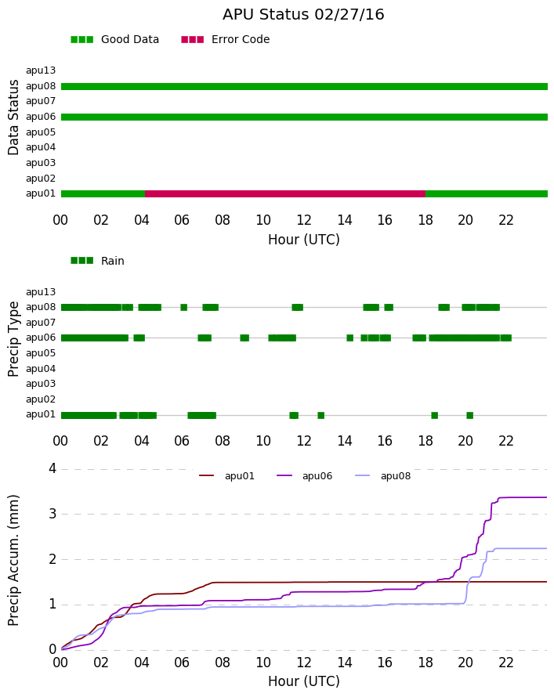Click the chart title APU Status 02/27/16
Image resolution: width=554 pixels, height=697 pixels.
303,15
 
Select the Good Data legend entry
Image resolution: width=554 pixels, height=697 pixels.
114,40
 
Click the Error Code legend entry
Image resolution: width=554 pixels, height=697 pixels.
226,40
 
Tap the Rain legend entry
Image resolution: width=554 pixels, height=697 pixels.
97,261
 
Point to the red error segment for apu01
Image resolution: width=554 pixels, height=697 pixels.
285,193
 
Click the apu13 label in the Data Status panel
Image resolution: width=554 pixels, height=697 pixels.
41,70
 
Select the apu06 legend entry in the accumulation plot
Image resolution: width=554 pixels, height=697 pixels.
304,476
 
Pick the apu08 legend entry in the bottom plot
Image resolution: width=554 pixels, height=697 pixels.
383,476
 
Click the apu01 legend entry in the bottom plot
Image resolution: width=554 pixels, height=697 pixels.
226,476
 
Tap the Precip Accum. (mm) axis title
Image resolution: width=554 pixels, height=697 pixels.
14,560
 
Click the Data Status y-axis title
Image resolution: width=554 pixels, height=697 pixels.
14,117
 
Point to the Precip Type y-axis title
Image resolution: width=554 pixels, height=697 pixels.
14,339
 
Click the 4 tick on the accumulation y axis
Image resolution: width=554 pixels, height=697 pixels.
53,468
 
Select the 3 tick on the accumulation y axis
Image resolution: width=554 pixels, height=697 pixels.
53,514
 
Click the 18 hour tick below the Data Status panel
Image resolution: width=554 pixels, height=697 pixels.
425,220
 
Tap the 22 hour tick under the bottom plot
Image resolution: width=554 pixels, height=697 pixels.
506,663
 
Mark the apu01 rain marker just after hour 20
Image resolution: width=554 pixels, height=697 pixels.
469,416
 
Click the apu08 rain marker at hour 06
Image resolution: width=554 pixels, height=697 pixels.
183,307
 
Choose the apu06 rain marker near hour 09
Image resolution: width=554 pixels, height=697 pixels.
244,338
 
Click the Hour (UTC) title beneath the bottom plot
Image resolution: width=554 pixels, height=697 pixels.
304,681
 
